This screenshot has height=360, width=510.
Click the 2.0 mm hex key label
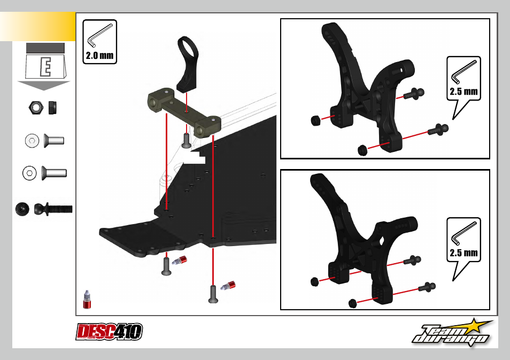click(x=99, y=42)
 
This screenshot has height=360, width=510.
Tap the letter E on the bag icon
click(x=46, y=67)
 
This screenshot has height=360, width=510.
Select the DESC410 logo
click(x=109, y=332)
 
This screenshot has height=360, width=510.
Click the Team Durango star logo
click(x=452, y=333)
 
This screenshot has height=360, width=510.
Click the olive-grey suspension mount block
click(x=184, y=113)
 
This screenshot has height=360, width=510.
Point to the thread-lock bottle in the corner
click(x=87, y=300)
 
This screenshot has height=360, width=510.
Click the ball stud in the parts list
click(x=53, y=209)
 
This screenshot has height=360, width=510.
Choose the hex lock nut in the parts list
click(x=36, y=108)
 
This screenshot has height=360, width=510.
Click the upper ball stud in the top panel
click(x=414, y=94)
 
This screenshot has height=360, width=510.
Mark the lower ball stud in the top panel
click(x=438, y=129)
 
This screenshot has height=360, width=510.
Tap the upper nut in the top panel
click(x=315, y=120)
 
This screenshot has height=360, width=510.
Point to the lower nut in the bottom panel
click(x=353, y=303)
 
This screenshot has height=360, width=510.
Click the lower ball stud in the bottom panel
click(x=427, y=287)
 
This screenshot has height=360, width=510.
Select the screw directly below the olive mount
click(x=186, y=141)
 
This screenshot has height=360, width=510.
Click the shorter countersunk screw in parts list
click(x=53, y=141)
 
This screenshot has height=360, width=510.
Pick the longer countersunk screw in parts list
click(x=54, y=173)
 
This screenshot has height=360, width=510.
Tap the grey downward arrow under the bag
click(x=44, y=86)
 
